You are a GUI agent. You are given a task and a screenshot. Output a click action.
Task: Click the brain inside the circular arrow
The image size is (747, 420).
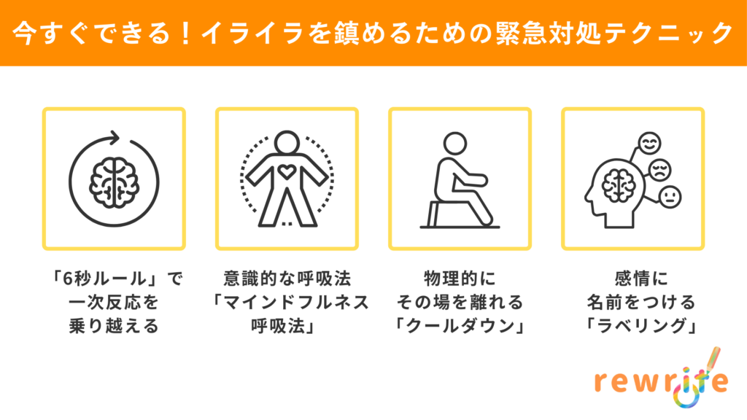(x=115, y=182)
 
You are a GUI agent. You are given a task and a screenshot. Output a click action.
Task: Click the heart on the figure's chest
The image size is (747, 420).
(x=287, y=171)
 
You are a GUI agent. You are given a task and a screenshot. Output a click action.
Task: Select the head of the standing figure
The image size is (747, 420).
(x=287, y=142)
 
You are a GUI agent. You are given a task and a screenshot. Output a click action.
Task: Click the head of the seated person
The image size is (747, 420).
(x=455, y=144)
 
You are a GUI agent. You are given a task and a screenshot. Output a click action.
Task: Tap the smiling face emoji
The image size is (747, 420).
(x=649, y=143)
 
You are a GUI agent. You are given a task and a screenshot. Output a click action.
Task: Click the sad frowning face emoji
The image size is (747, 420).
(x=659, y=169)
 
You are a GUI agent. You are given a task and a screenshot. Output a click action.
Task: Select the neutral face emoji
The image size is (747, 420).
(x=670, y=197)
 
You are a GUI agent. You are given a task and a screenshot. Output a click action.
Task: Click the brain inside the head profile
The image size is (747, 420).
(x=619, y=185)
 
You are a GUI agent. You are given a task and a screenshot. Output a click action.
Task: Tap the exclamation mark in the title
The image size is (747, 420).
(x=186, y=34)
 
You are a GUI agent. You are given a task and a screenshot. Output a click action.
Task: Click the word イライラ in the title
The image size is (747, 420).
(x=252, y=34)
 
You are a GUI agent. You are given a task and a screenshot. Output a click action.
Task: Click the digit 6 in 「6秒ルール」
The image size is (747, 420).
(x=68, y=279)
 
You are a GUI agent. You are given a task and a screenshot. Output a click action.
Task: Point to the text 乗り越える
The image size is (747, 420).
(x=114, y=326)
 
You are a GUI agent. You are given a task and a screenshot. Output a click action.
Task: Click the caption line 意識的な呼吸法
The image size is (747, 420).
(x=287, y=279)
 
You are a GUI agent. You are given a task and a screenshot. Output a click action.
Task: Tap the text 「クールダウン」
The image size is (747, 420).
(x=460, y=326)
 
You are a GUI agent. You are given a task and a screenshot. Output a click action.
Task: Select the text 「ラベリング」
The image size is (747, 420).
(x=642, y=326)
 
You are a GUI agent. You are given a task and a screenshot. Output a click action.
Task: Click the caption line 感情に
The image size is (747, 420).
(x=642, y=279)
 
